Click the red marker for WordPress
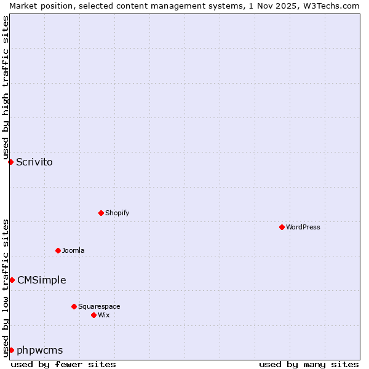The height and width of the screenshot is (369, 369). click(282, 227)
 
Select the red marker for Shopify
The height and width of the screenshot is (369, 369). click(101, 213)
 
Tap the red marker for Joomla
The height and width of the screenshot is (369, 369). click(58, 250)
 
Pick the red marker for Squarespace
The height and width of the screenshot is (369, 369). click(74, 306)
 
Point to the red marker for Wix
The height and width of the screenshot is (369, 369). click(93, 315)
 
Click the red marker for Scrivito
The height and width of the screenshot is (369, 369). click(10, 162)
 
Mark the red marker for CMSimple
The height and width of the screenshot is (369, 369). click(12, 280)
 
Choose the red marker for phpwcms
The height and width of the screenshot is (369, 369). click(11, 350)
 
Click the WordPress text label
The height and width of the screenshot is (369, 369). click(303, 227)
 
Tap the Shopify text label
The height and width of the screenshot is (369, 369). click(117, 213)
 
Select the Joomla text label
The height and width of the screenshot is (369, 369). click(73, 250)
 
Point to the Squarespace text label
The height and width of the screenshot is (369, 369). click(99, 306)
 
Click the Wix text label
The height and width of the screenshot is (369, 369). click(103, 315)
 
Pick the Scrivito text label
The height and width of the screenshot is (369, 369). click(34, 162)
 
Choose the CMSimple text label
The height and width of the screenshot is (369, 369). click(41, 280)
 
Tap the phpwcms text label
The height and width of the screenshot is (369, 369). click(40, 351)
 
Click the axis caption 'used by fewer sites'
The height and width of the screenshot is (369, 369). click(63, 364)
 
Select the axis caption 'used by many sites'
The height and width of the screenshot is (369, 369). click(309, 364)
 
